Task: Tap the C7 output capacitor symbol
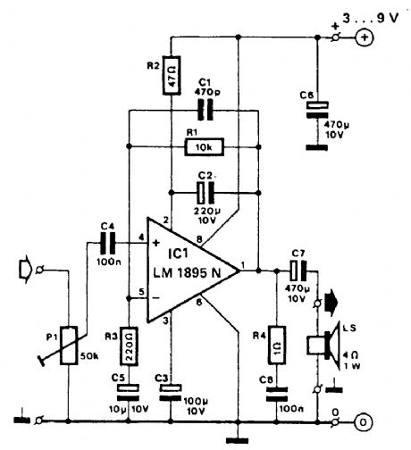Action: (296, 269)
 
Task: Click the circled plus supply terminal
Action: (365, 37)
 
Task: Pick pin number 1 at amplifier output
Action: (247, 261)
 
